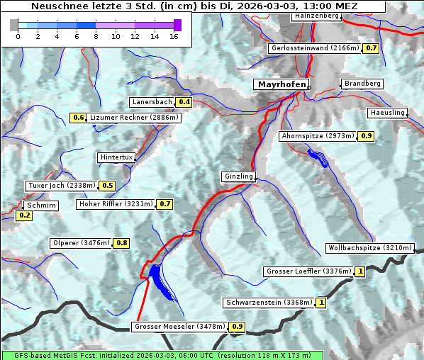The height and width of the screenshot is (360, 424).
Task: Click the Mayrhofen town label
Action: pyautogui.click(x=281, y=84)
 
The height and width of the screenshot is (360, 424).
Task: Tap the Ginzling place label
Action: pyautogui.click(x=238, y=176)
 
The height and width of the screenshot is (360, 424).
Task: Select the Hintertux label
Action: pyautogui.click(x=116, y=157)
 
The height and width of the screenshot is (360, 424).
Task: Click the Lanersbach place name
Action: pyautogui.click(x=152, y=102)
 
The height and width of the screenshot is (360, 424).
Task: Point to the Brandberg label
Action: pyautogui.click(x=362, y=84)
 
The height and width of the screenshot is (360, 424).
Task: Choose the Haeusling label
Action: pyautogui.click(x=387, y=113)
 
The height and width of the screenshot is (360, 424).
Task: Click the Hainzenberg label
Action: pyautogui.click(x=316, y=16)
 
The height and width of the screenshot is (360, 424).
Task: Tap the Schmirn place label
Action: pyautogui.click(x=40, y=205)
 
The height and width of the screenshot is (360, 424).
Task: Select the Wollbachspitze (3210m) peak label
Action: pyautogui.click(x=369, y=248)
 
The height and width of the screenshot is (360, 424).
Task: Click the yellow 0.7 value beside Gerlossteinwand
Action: pyautogui.click(x=371, y=48)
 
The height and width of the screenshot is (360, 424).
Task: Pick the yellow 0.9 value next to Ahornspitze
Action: pyautogui.click(x=366, y=135)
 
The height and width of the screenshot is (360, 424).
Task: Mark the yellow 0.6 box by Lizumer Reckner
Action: pyautogui.click(x=78, y=118)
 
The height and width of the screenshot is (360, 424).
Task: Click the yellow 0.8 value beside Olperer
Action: pyautogui.click(x=122, y=243)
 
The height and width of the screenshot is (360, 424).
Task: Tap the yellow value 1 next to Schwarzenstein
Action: pyautogui.click(x=321, y=303)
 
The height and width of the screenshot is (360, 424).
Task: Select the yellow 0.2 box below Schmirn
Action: pyautogui.click(x=24, y=215)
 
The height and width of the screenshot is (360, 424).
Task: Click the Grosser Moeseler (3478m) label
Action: pyautogui.click(x=179, y=327)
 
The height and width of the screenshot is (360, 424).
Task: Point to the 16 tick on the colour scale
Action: pyautogui.click(x=174, y=35)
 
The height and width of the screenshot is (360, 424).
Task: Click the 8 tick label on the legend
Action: pyautogui.click(x=96, y=35)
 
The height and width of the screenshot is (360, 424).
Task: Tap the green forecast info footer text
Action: pyautogui.click(x=162, y=355)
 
